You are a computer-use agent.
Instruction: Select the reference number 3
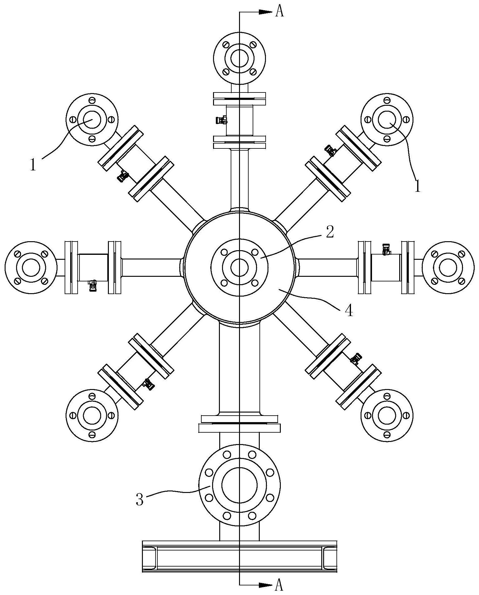click(140, 499)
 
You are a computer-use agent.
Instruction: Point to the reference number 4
click(349, 311)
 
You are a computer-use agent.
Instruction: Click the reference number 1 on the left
click(33, 165)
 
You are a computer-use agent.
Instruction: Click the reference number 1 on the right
click(417, 186)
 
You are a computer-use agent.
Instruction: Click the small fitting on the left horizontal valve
click(92, 285)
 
